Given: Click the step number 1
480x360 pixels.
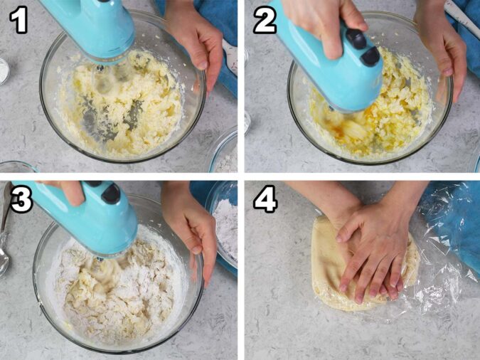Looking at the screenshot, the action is (18, 21).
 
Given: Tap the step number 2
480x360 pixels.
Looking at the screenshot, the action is (265, 21).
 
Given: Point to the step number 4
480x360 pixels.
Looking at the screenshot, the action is (265, 199).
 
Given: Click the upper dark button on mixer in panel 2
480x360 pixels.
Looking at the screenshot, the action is (357, 38).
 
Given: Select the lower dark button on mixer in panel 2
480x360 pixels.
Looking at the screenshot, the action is (370, 55).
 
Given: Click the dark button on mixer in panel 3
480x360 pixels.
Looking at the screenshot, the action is (112, 193).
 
